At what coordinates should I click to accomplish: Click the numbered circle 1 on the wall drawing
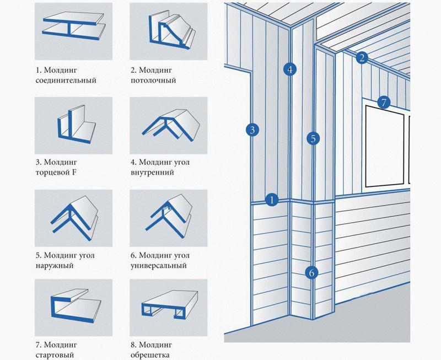pos(271,200)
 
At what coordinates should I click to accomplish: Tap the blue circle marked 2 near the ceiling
pos(362,57)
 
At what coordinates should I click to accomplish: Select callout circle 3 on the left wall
pos(252,130)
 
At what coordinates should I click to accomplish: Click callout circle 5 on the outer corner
pos(313,138)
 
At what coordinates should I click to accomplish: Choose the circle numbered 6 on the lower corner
pos(311,272)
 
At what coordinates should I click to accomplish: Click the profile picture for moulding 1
pos(73,32)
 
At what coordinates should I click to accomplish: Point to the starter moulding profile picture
pos(73,307)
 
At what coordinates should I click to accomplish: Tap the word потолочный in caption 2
pos(153,80)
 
